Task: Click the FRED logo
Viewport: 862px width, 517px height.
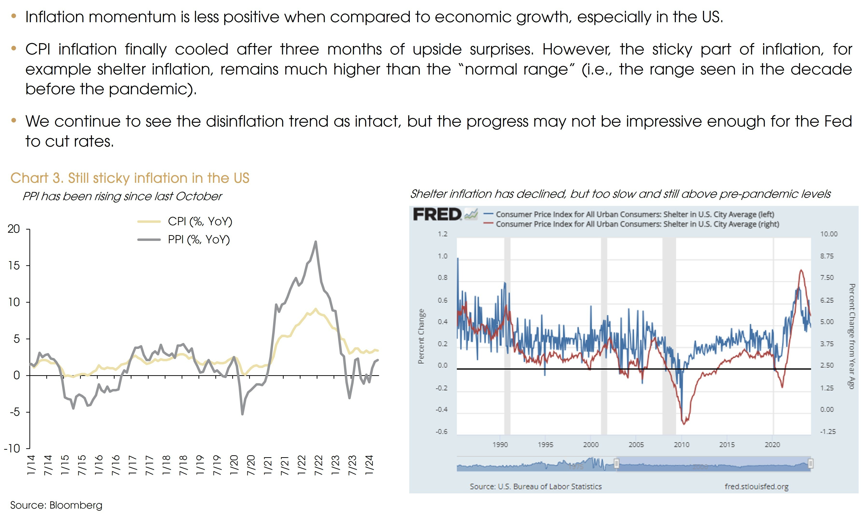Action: click(437, 214)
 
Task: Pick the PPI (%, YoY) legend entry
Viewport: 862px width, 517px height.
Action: click(198, 240)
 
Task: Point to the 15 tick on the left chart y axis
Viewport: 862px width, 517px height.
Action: click(14, 266)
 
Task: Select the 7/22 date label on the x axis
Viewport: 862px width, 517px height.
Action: click(319, 465)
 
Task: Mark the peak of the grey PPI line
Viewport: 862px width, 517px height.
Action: click(316, 241)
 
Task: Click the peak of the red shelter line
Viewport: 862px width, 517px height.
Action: click(801, 270)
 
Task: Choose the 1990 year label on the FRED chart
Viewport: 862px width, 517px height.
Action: click(500, 445)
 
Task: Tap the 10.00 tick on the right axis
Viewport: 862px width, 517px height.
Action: click(828, 234)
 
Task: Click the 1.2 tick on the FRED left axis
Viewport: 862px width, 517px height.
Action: click(443, 234)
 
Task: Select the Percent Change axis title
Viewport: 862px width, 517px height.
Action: click(421, 336)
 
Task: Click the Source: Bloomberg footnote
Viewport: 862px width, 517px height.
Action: click(56, 505)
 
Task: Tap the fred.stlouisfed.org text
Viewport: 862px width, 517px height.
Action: click(756, 487)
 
